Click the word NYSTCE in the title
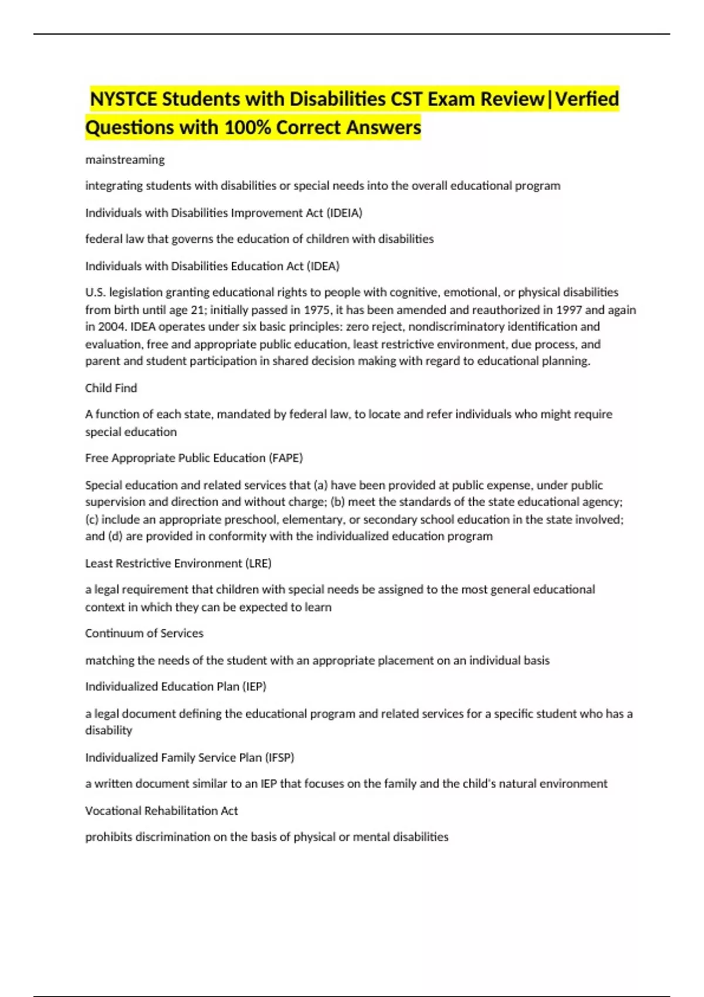point(124,99)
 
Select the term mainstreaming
point(125,160)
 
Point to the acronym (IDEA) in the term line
point(323,266)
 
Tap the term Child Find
point(111,388)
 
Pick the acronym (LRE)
point(258,564)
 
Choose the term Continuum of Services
point(144,633)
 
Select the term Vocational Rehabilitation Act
point(161,811)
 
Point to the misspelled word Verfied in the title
point(587,99)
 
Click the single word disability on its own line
point(109,731)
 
